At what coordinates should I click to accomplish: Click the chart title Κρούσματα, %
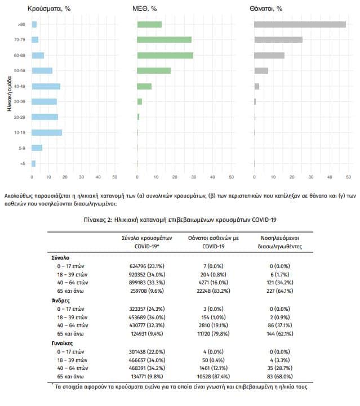[x=49, y=8]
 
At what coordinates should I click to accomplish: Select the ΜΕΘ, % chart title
[x=145, y=8]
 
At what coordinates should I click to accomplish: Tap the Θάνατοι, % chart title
[x=266, y=8]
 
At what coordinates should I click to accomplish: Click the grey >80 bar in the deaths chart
[x=300, y=24]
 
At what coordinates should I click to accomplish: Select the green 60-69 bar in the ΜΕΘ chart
[x=165, y=55]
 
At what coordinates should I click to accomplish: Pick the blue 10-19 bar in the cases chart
[x=47, y=132]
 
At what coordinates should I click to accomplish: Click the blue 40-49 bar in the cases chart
[x=46, y=86]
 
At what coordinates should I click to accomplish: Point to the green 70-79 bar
[x=164, y=39]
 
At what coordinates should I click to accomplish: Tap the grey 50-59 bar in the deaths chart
[x=261, y=70]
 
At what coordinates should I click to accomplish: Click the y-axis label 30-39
[x=20, y=101]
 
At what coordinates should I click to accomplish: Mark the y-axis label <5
[x=23, y=164]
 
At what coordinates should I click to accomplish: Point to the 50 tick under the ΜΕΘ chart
[x=232, y=177]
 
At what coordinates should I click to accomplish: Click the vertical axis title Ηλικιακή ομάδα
[x=10, y=93]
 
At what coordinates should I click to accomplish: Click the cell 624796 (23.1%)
[x=147, y=266]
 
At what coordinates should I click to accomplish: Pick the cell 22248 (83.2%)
[x=214, y=291]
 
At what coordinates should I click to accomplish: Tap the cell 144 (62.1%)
[x=280, y=334]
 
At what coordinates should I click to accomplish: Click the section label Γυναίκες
[x=62, y=343]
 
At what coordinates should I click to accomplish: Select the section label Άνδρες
[x=61, y=300]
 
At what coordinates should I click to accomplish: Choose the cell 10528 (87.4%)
[x=214, y=377]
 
